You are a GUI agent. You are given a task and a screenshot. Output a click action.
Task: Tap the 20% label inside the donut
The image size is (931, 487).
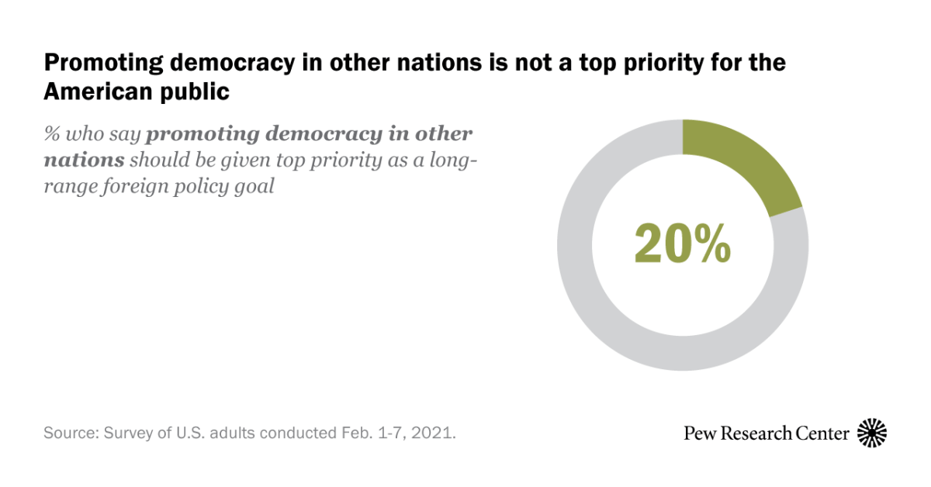click(682, 243)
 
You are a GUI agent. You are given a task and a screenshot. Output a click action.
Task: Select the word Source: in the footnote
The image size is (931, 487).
click(67, 433)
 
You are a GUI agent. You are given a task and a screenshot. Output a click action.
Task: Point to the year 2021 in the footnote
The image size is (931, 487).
click(436, 433)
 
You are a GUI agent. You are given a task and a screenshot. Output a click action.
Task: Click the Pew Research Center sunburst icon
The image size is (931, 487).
click(872, 433)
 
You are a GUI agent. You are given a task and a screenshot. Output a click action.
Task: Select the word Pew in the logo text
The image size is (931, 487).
click(699, 433)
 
